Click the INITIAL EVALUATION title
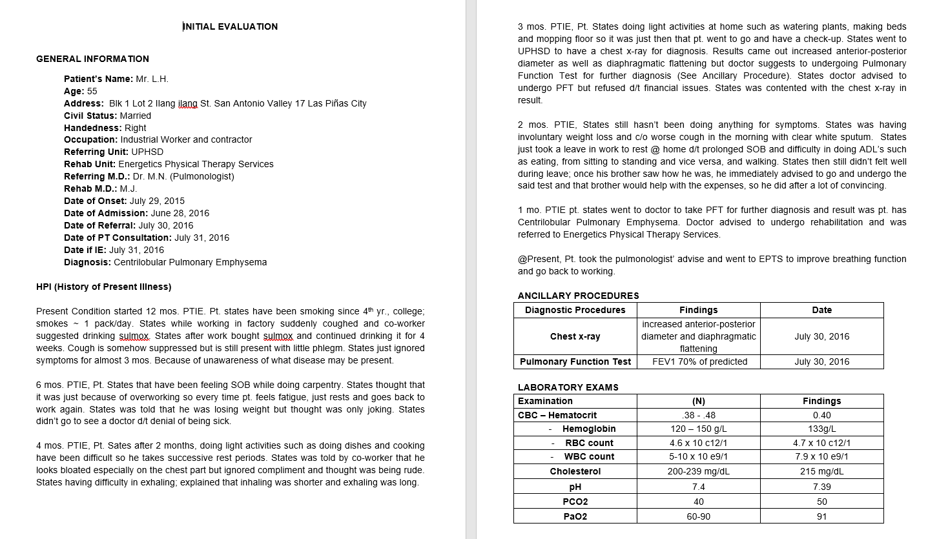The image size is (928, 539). pyautogui.click(x=231, y=26)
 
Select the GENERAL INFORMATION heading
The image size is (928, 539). pyautogui.click(x=92, y=59)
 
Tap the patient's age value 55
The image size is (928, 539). pyautogui.click(x=92, y=91)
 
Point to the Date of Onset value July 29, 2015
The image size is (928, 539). pyautogui.click(x=157, y=201)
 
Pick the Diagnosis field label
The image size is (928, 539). pyautogui.click(x=88, y=262)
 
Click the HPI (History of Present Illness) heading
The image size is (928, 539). pyautogui.click(x=104, y=287)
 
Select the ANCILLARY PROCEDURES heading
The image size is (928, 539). pyautogui.click(x=578, y=296)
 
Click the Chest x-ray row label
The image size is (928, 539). pyautogui.click(x=575, y=336)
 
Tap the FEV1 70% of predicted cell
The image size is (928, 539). pyautogui.click(x=698, y=361)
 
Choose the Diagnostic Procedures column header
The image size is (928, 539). pyautogui.click(x=575, y=310)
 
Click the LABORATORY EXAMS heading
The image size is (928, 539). pyautogui.click(x=568, y=387)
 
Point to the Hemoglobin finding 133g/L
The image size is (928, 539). pyautogui.click(x=821, y=429)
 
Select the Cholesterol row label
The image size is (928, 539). pyautogui.click(x=575, y=471)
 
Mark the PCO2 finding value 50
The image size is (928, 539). pyautogui.click(x=821, y=502)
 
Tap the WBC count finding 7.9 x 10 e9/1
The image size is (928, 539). pyautogui.click(x=821, y=456)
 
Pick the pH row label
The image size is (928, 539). pyautogui.click(x=575, y=487)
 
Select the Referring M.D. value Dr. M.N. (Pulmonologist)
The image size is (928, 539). pyautogui.click(x=183, y=176)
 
